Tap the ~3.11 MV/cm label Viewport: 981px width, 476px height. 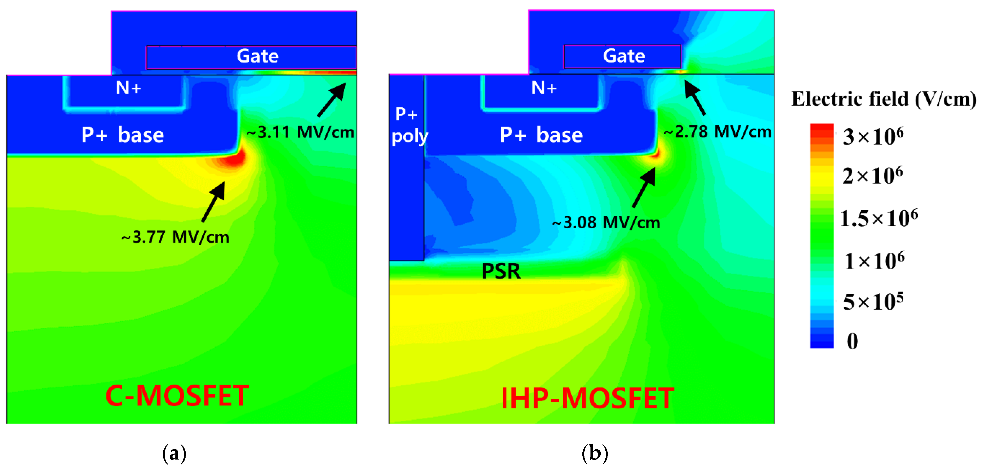pyautogui.click(x=301, y=132)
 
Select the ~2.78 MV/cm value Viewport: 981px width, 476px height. pyautogui.click(x=718, y=132)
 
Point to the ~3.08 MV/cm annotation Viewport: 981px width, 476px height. pyautogui.click(x=606, y=223)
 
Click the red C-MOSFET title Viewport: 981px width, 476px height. pyautogui.click(x=177, y=396)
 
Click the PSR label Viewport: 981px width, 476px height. pyautogui.click(x=501, y=271)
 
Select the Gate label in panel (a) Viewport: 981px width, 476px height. pyautogui.click(x=257, y=56)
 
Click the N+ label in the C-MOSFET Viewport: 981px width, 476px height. pyautogui.click(x=129, y=88)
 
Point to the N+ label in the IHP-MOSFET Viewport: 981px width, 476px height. pyautogui.click(x=544, y=88)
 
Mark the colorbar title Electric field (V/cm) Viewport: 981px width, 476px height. pyautogui.click(x=884, y=99)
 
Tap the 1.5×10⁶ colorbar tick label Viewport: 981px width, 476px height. pyautogui.click(x=879, y=218)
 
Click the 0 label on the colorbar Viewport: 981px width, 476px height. pyautogui.click(x=852, y=341)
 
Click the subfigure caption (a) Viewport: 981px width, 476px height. pyautogui.click(x=174, y=453)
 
